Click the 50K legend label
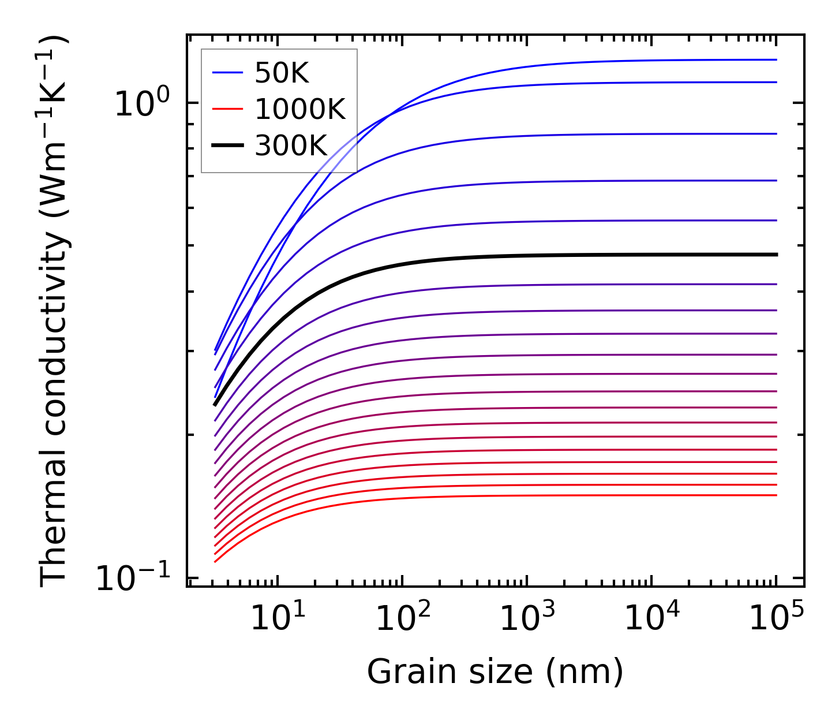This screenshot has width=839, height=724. (282, 73)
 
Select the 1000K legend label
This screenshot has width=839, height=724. (300, 109)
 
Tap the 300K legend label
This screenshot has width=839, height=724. (291, 146)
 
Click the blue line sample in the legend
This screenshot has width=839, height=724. (228, 73)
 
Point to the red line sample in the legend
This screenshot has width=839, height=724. (228, 109)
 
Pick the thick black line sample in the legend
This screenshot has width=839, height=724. (228, 146)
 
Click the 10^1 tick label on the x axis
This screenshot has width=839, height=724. (278, 619)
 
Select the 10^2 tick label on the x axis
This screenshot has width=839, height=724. (403, 619)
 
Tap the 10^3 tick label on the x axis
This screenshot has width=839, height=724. (527, 619)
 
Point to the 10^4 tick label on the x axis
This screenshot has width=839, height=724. (652, 619)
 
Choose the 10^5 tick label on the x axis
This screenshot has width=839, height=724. (777, 619)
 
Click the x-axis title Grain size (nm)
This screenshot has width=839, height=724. (495, 672)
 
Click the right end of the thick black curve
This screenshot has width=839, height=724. (776, 255)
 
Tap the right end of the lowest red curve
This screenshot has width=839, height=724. (776, 495)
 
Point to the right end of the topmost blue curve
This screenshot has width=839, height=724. (776, 59)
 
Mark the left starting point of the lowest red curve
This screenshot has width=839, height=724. (215, 561)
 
